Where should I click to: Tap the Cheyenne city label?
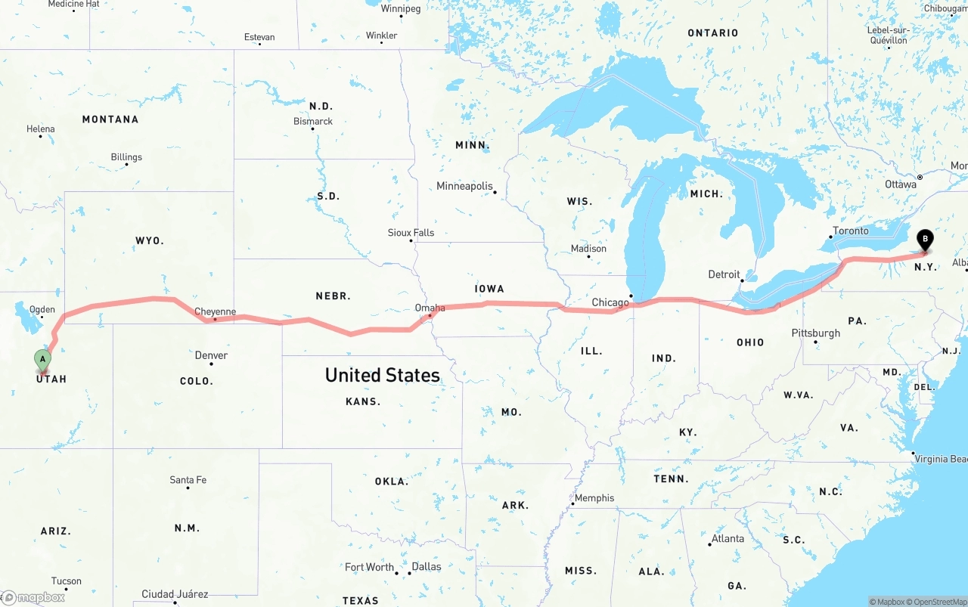click(x=216, y=311)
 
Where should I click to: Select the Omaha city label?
click(x=430, y=308)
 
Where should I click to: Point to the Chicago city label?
click(x=610, y=302)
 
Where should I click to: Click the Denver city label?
click(x=211, y=355)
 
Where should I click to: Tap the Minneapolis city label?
click(x=464, y=186)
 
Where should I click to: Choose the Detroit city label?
click(x=724, y=274)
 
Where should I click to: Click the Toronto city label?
click(x=851, y=231)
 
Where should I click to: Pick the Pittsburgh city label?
click(x=815, y=333)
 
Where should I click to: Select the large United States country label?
click(x=382, y=375)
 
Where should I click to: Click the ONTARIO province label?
click(x=712, y=33)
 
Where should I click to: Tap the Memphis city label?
click(x=594, y=498)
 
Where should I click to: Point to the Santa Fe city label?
click(x=188, y=480)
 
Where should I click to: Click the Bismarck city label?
click(x=313, y=121)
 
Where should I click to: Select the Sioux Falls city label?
click(x=411, y=233)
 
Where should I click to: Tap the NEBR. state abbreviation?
click(x=333, y=296)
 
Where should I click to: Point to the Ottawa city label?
click(x=901, y=184)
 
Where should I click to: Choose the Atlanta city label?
click(x=728, y=539)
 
